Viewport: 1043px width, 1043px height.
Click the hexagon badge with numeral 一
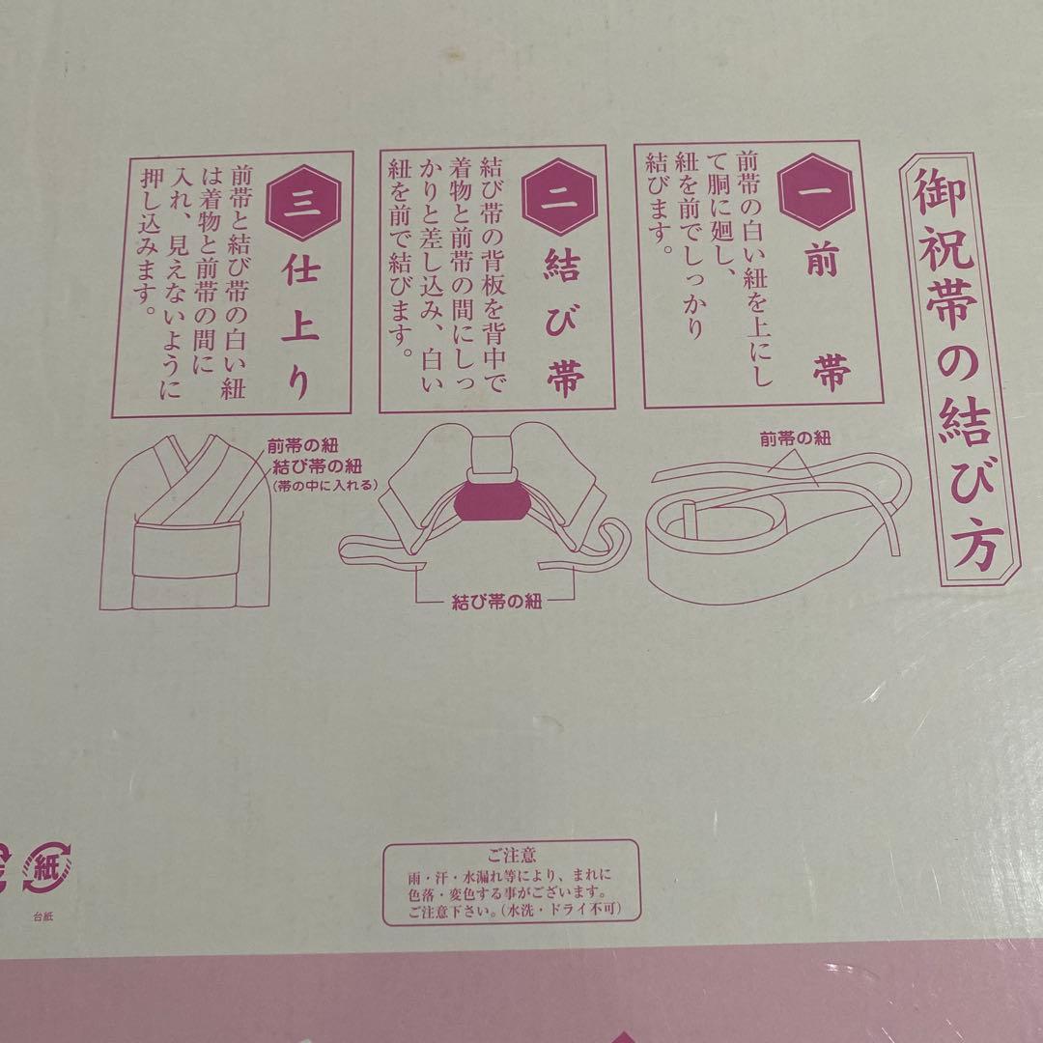coord(818,186)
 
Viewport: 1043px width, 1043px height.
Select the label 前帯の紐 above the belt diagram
coord(795,437)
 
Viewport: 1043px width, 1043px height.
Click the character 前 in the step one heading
coord(821,264)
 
